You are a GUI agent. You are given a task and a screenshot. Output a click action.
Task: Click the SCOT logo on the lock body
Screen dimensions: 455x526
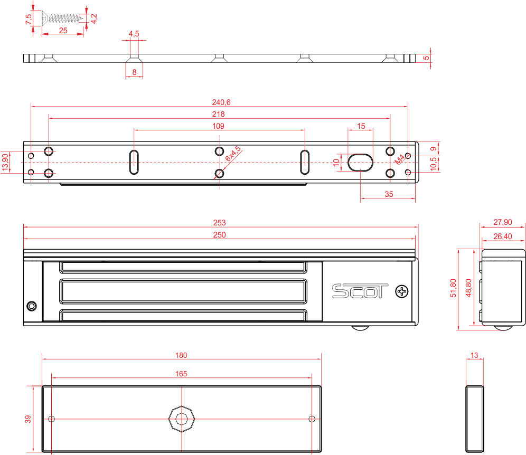pyautogui.click(x=360, y=291)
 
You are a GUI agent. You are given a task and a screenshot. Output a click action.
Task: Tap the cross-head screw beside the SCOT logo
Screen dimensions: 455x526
pyautogui.click(x=402, y=291)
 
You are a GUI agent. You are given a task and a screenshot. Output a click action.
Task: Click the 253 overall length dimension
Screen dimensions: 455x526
pyautogui.click(x=220, y=223)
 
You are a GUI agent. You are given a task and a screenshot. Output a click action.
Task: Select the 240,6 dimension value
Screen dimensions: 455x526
pyautogui.click(x=220, y=102)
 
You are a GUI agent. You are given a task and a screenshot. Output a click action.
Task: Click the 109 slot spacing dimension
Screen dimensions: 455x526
pyautogui.click(x=218, y=126)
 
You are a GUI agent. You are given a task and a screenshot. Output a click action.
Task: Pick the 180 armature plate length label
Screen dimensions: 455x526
pyautogui.click(x=181, y=355)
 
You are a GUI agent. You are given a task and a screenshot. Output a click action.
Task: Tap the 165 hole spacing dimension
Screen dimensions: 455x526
pyautogui.click(x=181, y=374)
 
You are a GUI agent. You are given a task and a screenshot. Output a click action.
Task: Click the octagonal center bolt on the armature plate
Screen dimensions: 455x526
pyautogui.click(x=182, y=419)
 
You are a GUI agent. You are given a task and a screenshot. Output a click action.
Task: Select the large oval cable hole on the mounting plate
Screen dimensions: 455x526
pyautogui.click(x=360, y=162)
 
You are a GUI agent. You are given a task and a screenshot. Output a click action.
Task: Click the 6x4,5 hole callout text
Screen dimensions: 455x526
pyautogui.click(x=233, y=154)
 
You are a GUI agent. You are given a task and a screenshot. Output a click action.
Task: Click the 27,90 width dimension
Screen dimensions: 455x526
pyautogui.click(x=502, y=223)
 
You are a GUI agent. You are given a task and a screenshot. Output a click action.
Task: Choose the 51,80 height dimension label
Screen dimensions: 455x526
pyautogui.click(x=453, y=288)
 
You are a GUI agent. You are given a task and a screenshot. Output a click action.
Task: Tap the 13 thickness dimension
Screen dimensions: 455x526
pyautogui.click(x=474, y=356)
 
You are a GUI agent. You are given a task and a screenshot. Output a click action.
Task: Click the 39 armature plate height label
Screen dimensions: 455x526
pyautogui.click(x=29, y=419)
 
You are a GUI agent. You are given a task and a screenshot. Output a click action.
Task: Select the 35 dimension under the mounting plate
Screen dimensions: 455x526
pyautogui.click(x=389, y=194)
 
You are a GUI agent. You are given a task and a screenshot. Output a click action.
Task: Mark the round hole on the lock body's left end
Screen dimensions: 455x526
pyautogui.click(x=31, y=306)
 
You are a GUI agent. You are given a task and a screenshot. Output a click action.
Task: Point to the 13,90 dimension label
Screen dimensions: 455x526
pyautogui.click(x=5, y=162)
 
